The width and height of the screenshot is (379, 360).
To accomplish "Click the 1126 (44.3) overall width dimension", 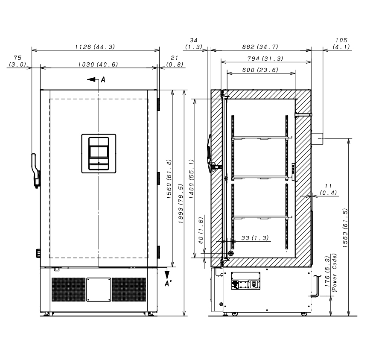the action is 95,47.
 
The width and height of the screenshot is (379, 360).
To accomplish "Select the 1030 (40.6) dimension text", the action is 98,64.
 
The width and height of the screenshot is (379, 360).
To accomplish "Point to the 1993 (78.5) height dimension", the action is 181,204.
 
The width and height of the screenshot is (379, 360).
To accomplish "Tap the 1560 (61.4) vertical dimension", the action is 169,179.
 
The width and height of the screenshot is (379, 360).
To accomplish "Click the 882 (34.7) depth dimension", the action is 260,47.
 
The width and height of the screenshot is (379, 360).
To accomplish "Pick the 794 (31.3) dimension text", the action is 265,59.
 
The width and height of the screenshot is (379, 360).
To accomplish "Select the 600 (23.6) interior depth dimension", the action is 260,70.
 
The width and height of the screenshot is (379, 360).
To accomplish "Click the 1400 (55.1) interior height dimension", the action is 191,179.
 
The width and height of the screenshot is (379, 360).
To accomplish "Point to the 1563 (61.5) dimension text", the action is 345,228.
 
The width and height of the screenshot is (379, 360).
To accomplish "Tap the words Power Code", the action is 335,273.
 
